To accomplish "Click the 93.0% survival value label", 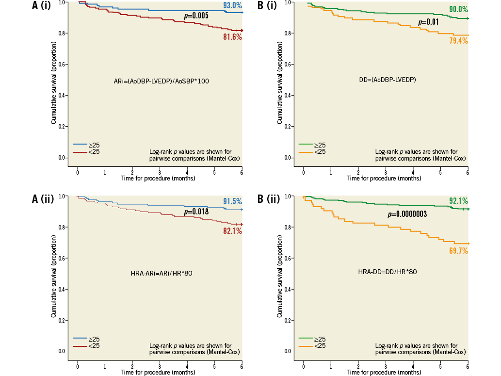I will tap(233, 5).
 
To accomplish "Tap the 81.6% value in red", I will tap(233, 37).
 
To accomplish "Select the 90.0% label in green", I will tap(458, 9).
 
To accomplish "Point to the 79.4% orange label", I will tap(458, 41).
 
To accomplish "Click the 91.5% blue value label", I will tap(233, 201).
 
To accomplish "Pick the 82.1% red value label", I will tap(233, 231).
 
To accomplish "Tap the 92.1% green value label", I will tap(458, 200).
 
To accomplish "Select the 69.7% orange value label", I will tap(458, 251).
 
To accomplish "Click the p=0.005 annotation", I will tap(196, 16).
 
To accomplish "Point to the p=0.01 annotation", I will tap(428, 22).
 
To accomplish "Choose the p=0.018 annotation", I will tap(196, 212).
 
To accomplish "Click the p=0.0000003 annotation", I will tap(407, 214).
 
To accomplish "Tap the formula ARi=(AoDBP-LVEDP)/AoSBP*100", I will tap(158, 81).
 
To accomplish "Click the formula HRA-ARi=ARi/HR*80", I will tap(162, 274).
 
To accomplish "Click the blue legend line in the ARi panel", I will tap(80, 145).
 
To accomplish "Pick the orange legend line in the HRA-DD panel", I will tap(306, 346).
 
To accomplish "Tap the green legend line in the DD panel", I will tap(306, 145).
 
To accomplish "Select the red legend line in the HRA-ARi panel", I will tap(80, 346).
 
